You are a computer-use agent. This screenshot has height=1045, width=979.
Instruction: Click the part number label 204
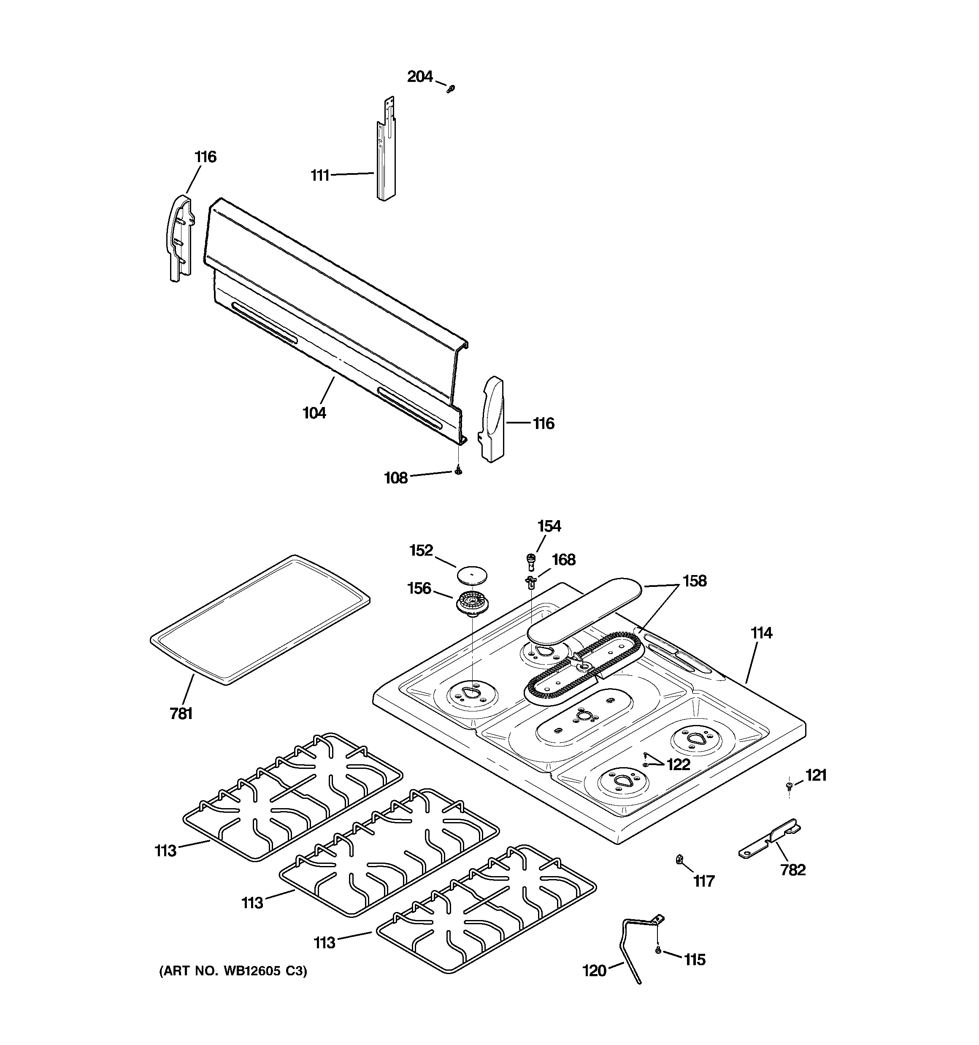420,77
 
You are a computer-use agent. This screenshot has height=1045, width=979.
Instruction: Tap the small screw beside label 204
450,89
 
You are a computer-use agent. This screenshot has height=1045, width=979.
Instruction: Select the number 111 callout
320,175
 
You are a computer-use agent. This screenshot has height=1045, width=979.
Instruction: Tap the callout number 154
549,526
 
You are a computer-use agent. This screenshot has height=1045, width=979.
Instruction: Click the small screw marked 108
459,471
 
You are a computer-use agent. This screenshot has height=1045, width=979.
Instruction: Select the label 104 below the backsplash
314,413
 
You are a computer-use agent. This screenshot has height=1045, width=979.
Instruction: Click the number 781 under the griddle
181,714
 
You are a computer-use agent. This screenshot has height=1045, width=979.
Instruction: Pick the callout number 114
761,633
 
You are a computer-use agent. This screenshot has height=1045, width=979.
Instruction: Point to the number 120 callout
594,971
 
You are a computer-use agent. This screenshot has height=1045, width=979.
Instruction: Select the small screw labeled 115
658,950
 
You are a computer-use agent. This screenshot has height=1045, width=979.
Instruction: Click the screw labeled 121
789,786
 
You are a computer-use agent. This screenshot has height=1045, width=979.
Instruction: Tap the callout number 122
678,765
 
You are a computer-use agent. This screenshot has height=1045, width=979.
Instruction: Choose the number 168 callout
563,560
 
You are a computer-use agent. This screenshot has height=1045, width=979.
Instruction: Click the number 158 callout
694,581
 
